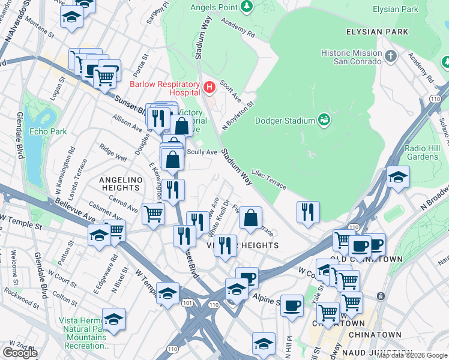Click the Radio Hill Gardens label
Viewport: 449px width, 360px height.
[x=421, y=153]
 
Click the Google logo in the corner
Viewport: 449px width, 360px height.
[x=20, y=353]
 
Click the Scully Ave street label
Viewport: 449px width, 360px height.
[x=202, y=152]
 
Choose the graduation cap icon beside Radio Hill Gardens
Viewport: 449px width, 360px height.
[x=398, y=177]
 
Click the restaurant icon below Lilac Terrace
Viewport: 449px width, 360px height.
[x=308, y=211]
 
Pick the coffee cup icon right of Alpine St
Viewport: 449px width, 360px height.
[x=292, y=305]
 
